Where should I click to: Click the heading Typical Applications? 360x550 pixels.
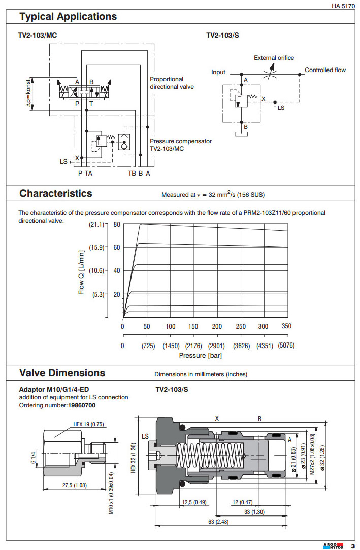pyautogui.click(x=68, y=17)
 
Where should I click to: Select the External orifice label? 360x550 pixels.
pyautogui.click(x=274, y=58)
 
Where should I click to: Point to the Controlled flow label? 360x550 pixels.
pyautogui.click(x=325, y=70)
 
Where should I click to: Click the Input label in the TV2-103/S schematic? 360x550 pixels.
pyautogui.click(x=218, y=72)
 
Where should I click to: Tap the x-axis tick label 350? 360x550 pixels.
pyautogui.click(x=286, y=326)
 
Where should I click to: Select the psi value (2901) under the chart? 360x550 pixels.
pyautogui.click(x=217, y=346)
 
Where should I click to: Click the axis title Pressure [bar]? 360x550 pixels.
pyautogui.click(x=201, y=355)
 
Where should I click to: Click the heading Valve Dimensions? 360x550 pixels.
pyautogui.click(x=62, y=373)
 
